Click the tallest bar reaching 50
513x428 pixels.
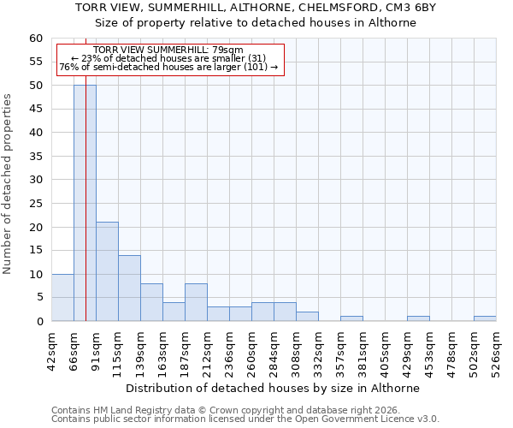(85, 203)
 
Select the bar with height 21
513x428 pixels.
(107, 271)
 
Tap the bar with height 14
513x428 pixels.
(129, 288)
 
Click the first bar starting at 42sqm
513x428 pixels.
(62, 298)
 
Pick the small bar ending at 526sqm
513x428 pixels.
(485, 318)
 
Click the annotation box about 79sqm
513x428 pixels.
(169, 59)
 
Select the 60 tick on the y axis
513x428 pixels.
(35, 39)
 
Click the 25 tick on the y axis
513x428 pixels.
(35, 204)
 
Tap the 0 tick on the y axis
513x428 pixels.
(38, 322)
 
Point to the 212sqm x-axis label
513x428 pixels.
(207, 352)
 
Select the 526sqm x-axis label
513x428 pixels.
(496, 352)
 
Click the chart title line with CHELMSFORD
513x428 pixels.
(255, 7)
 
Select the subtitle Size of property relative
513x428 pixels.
(255, 23)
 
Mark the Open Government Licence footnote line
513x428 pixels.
(245, 419)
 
